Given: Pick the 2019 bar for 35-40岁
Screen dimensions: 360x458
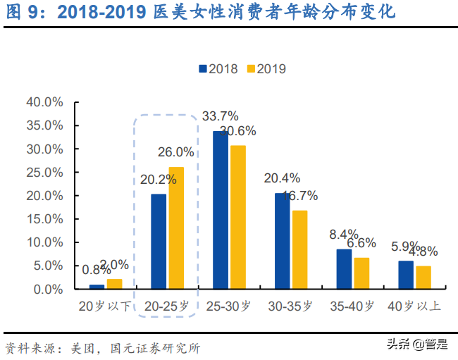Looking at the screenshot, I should [x=361, y=273].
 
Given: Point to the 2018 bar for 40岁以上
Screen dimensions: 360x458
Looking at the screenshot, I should [x=406, y=275].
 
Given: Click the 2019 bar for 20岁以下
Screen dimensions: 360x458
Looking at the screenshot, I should [x=114, y=284].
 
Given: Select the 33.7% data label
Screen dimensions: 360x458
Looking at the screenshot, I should [x=220, y=116].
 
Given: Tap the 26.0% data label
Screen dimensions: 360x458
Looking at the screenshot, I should [x=176, y=151].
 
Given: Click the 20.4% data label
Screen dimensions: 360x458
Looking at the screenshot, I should [x=281, y=178].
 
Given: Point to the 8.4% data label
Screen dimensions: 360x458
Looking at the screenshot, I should [x=343, y=235].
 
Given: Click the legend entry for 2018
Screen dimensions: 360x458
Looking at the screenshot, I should [x=218, y=68].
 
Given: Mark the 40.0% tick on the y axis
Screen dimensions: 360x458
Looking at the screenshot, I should [x=45, y=102].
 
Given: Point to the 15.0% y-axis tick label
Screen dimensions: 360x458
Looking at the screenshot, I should [x=45, y=219].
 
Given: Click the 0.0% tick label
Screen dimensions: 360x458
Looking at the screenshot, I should [x=48, y=289].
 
